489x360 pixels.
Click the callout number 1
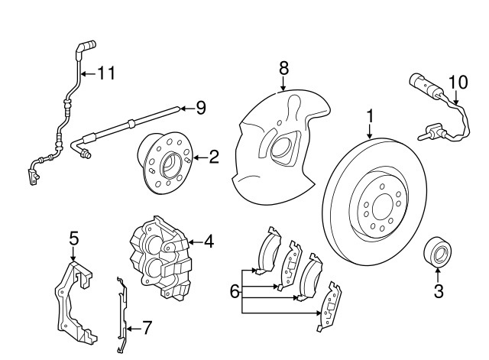point(370,117)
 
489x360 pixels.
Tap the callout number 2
point(213,158)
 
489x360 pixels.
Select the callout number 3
point(438,290)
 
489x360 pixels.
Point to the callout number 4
point(209,242)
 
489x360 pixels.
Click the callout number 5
point(73,238)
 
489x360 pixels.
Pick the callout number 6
point(234,290)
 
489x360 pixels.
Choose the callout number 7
point(147,329)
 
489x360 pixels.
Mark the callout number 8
point(283,68)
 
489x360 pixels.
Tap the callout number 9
point(200,109)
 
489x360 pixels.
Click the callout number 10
point(457,81)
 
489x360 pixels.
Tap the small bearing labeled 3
point(437,253)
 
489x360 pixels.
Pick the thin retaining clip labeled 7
point(120,313)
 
